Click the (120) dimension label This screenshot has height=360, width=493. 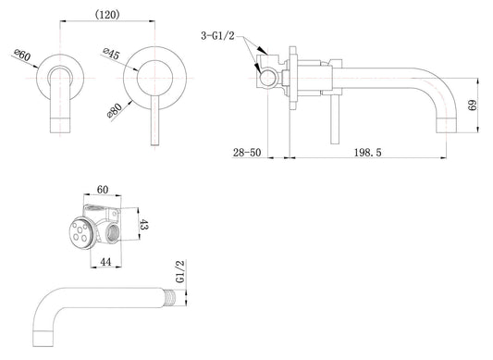[107, 14]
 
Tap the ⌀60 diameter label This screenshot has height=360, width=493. [22, 56]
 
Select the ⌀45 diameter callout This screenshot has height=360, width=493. [111, 54]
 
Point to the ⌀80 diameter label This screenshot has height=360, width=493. [114, 111]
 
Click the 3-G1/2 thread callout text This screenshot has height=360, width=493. [217, 36]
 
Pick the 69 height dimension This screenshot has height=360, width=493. [472, 106]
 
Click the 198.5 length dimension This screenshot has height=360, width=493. [367, 153]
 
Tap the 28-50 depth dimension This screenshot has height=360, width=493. [247, 153]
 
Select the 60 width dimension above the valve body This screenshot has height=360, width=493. [103, 190]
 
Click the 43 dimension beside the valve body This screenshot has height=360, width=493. [143, 225]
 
